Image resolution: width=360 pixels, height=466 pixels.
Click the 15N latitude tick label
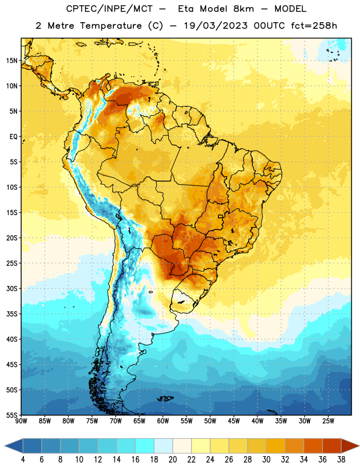(x=12, y=61)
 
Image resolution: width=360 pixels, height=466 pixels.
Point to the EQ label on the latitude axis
(x=13, y=137)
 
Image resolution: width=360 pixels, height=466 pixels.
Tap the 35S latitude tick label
(x=12, y=314)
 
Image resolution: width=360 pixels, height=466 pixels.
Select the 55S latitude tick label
(x=12, y=415)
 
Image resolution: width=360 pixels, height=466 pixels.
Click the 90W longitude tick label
(x=21, y=421)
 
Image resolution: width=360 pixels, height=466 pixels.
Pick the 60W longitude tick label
(x=163, y=421)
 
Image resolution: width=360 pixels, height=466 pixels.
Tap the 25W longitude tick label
(x=328, y=421)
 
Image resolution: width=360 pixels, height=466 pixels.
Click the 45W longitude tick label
(x=234, y=421)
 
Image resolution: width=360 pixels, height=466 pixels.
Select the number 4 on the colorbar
(x=23, y=460)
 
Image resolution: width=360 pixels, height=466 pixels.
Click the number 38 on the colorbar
(x=341, y=460)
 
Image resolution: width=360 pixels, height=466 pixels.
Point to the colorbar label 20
(x=172, y=460)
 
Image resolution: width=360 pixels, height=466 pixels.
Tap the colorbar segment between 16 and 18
(x=144, y=446)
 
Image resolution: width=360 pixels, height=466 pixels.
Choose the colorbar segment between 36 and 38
(x=332, y=446)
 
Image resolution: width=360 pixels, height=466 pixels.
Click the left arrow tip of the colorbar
(x=5, y=446)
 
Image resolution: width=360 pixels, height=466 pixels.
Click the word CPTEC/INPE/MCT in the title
(x=110, y=9)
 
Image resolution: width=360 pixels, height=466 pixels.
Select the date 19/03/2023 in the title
(x=216, y=26)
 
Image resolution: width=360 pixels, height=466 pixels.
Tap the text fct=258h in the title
(x=314, y=26)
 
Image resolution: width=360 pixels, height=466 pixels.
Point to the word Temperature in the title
(x=111, y=26)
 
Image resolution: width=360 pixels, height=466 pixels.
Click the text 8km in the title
(x=243, y=9)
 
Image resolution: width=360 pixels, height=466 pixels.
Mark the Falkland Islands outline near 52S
(x=165, y=398)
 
